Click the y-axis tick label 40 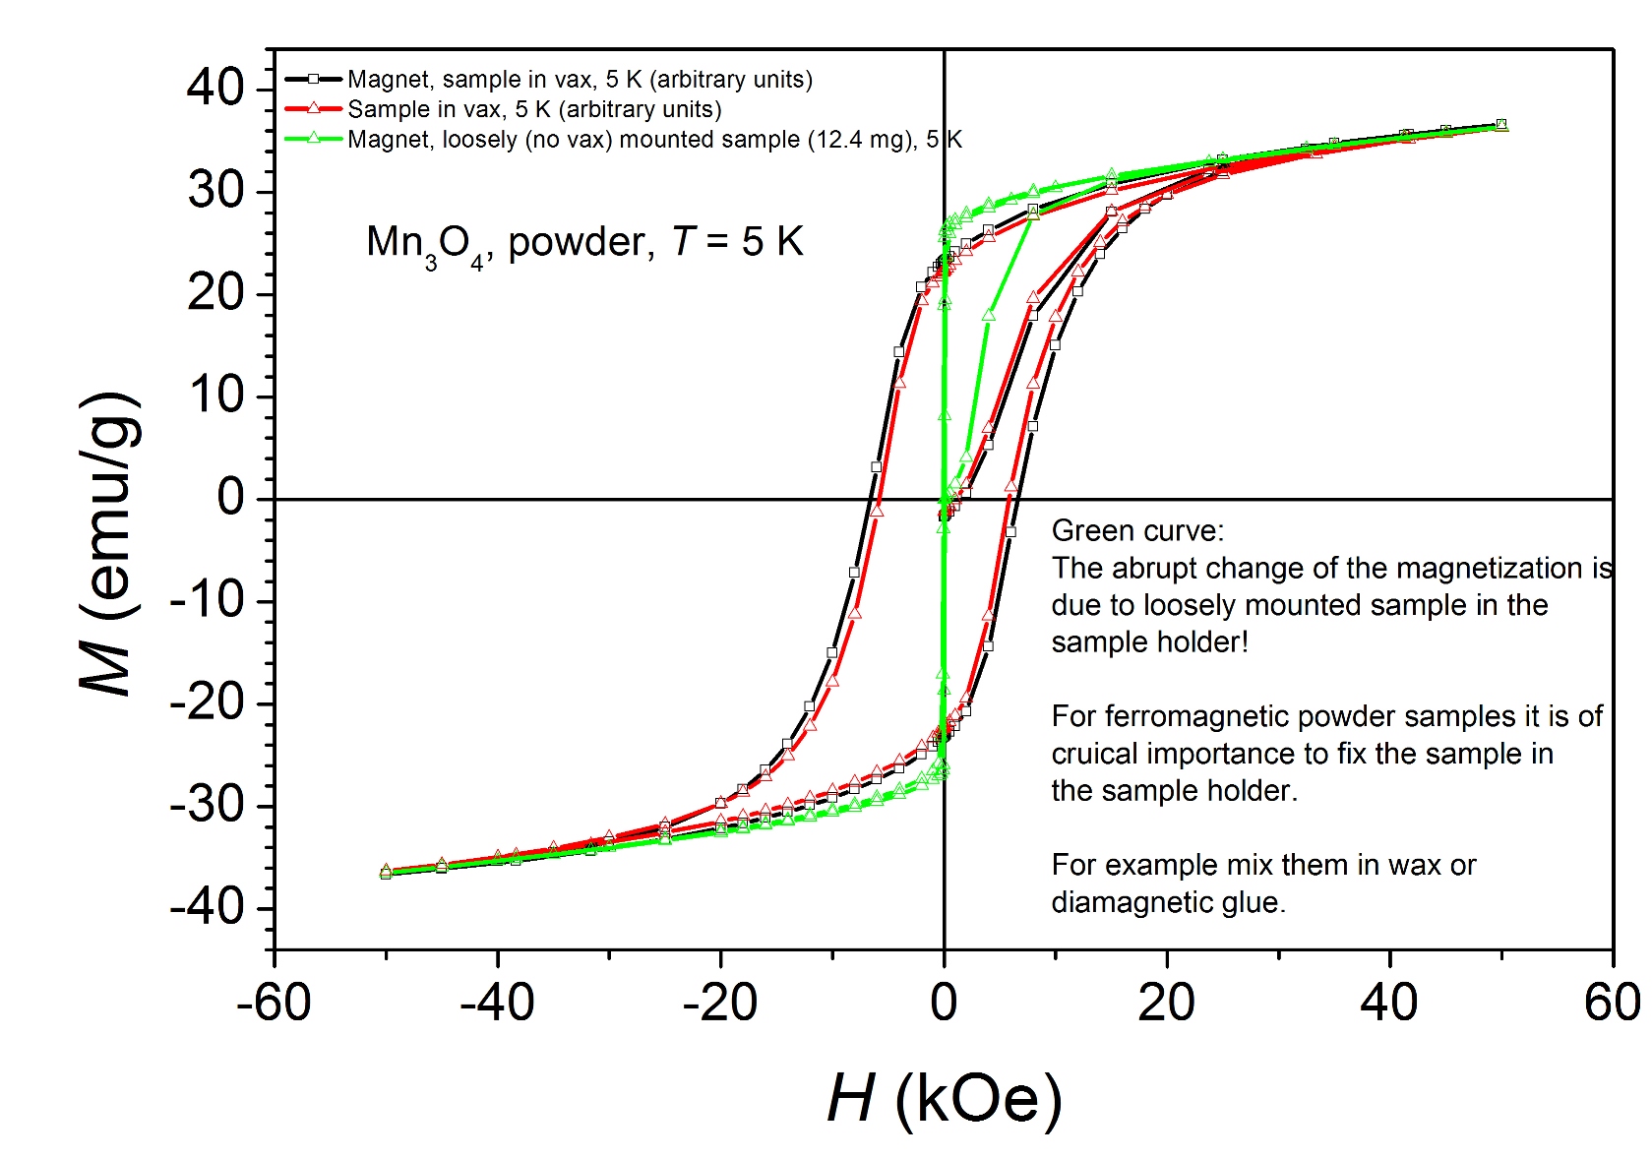(215, 88)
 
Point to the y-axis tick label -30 (208, 805)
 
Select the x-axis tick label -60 (274, 1004)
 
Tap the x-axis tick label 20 (1166, 1004)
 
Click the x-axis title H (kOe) (945, 1098)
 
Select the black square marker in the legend (314, 79)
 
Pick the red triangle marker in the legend (314, 108)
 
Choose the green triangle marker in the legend (314, 139)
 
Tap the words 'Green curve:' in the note (1137, 531)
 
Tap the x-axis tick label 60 (1612, 1004)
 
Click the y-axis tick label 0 (230, 498)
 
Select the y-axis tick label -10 (208, 600)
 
